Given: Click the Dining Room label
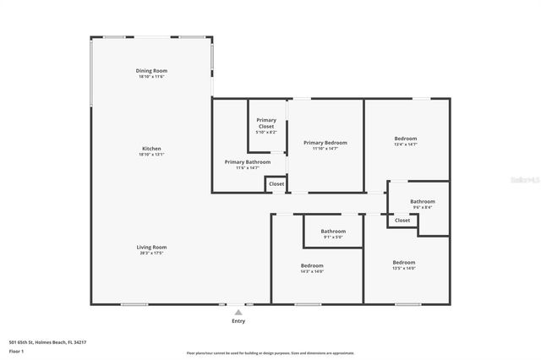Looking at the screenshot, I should pos(151,70).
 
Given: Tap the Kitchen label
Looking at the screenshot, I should pos(151,149).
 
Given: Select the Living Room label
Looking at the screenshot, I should pos(151,247).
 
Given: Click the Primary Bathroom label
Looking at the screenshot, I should pos(248,161).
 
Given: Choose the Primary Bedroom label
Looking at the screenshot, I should pos(325,143).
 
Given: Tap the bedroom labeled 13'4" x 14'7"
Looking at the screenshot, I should pos(405,139).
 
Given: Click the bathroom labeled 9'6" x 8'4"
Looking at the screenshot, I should pos(423,201).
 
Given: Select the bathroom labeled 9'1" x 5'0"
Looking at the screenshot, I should pos(333,231).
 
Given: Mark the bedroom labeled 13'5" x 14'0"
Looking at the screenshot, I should pos(403,262).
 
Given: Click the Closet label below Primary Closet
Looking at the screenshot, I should pos(276,183).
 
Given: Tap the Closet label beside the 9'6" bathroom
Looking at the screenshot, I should pos(402,221).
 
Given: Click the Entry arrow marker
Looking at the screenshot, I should pos(238,312).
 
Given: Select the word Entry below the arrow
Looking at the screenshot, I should pos(238,321).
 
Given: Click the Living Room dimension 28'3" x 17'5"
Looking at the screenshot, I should pos(151,253).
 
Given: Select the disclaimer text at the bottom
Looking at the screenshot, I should pos(270,353).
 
